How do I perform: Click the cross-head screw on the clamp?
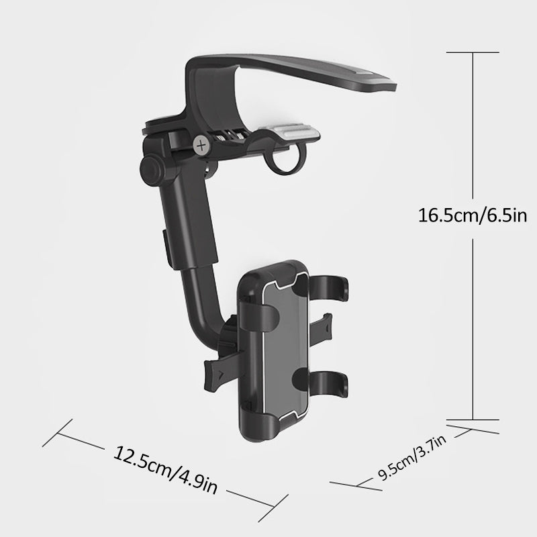click(201, 143)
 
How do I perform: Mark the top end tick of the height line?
click(474, 52)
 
